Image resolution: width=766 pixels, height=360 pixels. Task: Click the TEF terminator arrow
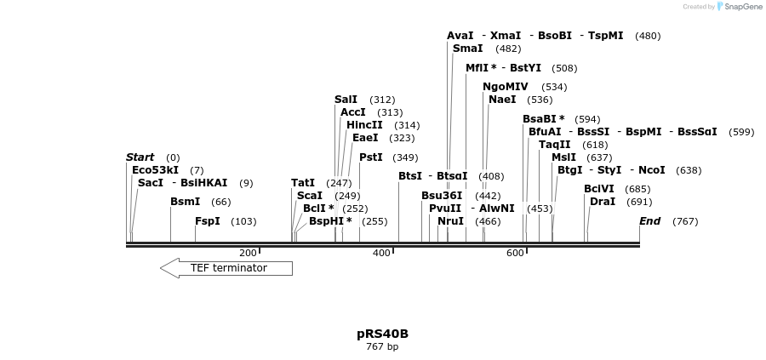coord(226,268)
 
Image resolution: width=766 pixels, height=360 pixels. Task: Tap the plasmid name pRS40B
coord(382,334)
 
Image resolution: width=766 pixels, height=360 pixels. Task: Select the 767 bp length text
coord(382,347)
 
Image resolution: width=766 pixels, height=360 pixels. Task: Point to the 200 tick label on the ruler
coord(247,253)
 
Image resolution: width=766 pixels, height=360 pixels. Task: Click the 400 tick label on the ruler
coord(380,253)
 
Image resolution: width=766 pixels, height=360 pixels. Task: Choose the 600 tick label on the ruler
coord(514,253)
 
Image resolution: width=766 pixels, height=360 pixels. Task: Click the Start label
coord(140,157)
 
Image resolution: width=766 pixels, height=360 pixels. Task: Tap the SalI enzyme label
coord(346,100)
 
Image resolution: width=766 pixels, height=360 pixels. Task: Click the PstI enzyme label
coord(370,157)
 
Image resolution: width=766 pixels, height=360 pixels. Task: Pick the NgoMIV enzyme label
coord(505,87)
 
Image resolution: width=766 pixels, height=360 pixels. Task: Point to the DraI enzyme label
coord(602,202)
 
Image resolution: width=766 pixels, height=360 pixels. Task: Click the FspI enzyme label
coord(207,221)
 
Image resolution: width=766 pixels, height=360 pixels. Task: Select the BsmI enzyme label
coord(185,202)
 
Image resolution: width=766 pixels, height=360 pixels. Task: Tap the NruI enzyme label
coord(450,221)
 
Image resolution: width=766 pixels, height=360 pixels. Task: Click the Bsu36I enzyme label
coord(442,196)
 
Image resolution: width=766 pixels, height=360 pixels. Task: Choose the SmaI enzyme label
coord(467,49)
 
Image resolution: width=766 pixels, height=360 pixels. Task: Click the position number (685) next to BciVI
coord(637,189)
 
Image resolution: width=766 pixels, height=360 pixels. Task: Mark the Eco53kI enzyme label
coord(155,170)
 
